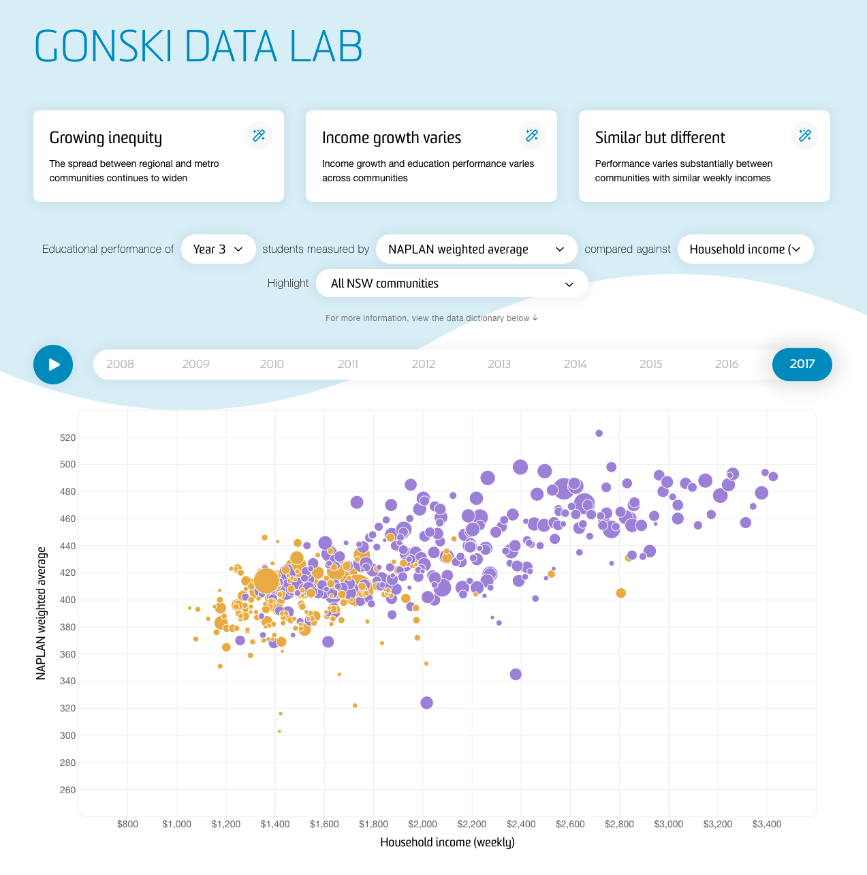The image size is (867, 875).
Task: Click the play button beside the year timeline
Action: (53, 365)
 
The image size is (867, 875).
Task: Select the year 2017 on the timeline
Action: (802, 365)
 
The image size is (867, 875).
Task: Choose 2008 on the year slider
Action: (120, 365)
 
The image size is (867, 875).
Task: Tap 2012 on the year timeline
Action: (423, 365)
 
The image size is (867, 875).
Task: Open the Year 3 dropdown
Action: (218, 249)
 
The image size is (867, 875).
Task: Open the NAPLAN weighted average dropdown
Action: (476, 249)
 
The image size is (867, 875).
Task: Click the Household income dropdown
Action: (744, 249)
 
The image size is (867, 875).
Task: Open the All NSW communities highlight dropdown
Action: (452, 283)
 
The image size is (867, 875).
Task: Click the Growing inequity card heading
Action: (106, 138)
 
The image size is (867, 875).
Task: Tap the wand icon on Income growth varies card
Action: (532, 136)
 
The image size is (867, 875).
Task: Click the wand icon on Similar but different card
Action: (805, 136)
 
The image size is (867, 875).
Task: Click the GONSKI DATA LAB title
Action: (198, 46)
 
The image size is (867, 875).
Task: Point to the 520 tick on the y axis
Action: (68, 437)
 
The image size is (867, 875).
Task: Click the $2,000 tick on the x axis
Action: (423, 824)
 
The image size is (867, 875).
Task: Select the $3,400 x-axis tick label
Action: (767, 824)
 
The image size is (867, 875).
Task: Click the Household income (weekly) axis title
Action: (447, 842)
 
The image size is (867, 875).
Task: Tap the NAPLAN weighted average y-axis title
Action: (42, 613)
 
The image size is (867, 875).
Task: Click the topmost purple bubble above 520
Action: (599, 433)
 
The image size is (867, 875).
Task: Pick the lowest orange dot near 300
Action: (279, 731)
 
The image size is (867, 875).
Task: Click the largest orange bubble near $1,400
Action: (266, 581)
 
